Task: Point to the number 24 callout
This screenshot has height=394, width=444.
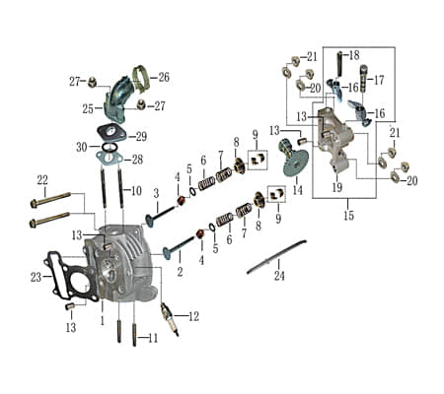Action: coord(279,276)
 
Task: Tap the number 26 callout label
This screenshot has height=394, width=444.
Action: coord(164,77)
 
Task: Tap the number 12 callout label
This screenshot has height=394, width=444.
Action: coord(193,316)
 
